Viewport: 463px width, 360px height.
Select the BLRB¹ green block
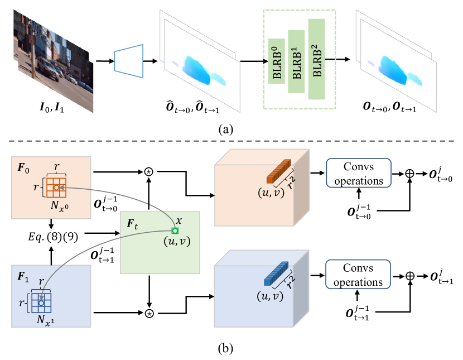pos(296,62)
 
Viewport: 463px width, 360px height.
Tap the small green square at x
pos(176,231)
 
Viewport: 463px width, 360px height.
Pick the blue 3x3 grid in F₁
pos(41,303)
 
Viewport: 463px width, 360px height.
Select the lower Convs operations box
pos(359,276)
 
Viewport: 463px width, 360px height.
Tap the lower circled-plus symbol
pos(411,276)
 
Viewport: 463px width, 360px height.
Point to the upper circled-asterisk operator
pos(149,172)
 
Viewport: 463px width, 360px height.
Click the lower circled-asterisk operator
pos(149,314)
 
